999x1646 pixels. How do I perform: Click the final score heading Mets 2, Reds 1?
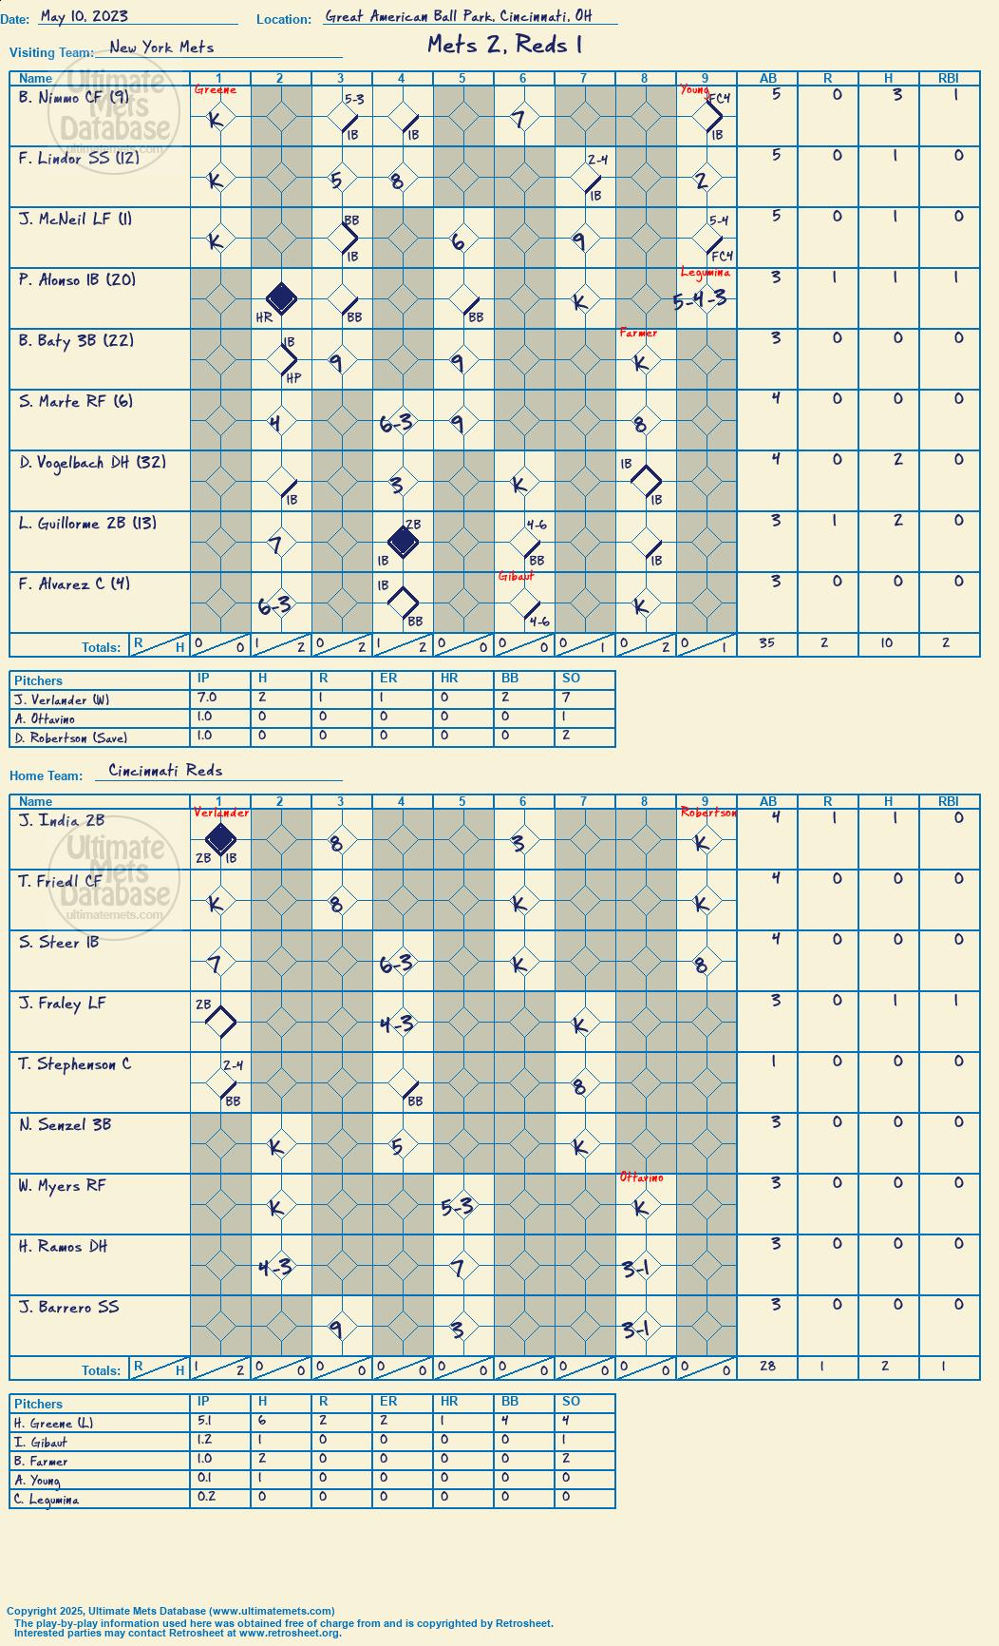click(x=504, y=45)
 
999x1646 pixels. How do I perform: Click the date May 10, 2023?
click(x=85, y=16)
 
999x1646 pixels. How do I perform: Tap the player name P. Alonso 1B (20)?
click(x=77, y=279)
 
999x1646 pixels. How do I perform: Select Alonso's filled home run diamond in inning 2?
click(x=281, y=298)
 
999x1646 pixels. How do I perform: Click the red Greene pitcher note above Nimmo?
click(x=216, y=89)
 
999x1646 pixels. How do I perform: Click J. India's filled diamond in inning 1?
click(x=220, y=839)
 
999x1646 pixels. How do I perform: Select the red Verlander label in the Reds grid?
click(x=221, y=813)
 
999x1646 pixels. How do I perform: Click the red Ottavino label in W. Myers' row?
click(x=642, y=1177)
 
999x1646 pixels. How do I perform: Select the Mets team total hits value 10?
click(x=887, y=643)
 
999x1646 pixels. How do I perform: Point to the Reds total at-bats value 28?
click(x=767, y=1366)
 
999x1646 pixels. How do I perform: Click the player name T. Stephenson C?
click(x=75, y=1063)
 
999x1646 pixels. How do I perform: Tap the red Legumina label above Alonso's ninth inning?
click(x=706, y=273)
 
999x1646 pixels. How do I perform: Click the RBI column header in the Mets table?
click(x=949, y=79)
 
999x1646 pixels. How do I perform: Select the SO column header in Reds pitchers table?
click(x=571, y=1401)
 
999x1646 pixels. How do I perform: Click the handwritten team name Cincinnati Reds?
click(x=165, y=770)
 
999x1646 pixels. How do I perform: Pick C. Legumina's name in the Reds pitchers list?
click(x=47, y=1500)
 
